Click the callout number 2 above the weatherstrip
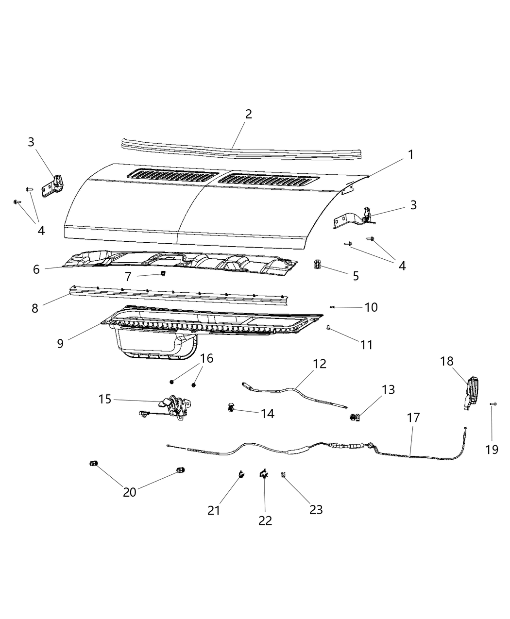[x=249, y=115]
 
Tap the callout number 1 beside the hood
[x=410, y=155]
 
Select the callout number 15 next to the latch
[x=105, y=400]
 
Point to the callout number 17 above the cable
[x=413, y=418]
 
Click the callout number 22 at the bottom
[x=265, y=520]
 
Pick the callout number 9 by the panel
[x=60, y=344]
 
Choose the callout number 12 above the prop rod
[x=320, y=364]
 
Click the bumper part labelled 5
[x=317, y=265]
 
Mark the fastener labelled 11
[x=329, y=329]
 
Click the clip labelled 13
[x=355, y=417]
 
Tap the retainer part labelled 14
[x=231, y=407]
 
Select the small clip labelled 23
[x=283, y=475]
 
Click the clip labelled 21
[x=240, y=475]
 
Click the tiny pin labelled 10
[x=333, y=307]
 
